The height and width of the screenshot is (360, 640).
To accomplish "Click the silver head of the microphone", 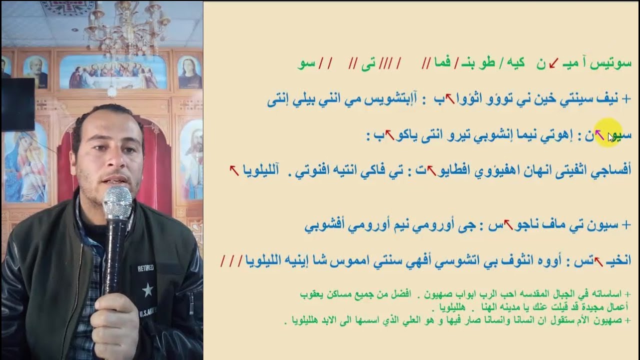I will tap(117, 203).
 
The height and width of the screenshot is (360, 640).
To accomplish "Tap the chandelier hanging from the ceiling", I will tap(128, 25).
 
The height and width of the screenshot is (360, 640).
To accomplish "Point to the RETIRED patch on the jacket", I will tap(146, 268).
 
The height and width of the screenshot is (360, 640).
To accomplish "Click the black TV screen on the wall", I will tap(17, 104).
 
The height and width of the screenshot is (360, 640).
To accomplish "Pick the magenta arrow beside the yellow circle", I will tap(599, 134).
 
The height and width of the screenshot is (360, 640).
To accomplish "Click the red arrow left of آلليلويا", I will tap(233, 170).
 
